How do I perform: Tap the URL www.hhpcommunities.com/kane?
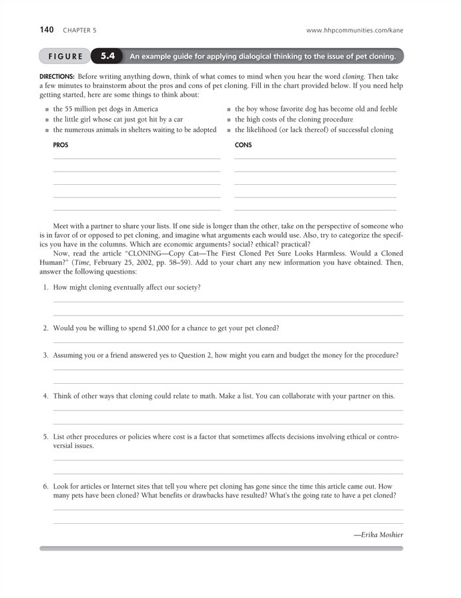pos(354,30)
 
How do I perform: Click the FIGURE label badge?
pos(65,57)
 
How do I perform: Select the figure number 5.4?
pos(107,56)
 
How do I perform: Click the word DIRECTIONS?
pos(57,77)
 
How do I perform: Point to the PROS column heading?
pos(61,145)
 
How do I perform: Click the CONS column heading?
pos(244,145)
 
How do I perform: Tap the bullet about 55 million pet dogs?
pos(105,109)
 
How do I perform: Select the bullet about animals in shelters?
pos(135,130)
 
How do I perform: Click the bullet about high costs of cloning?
pos(294,119)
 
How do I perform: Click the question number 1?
pos(45,288)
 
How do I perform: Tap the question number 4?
pos(45,396)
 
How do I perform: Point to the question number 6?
pos(45,487)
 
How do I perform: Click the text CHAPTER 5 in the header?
pos(79,30)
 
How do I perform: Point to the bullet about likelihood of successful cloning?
pos(314,130)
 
